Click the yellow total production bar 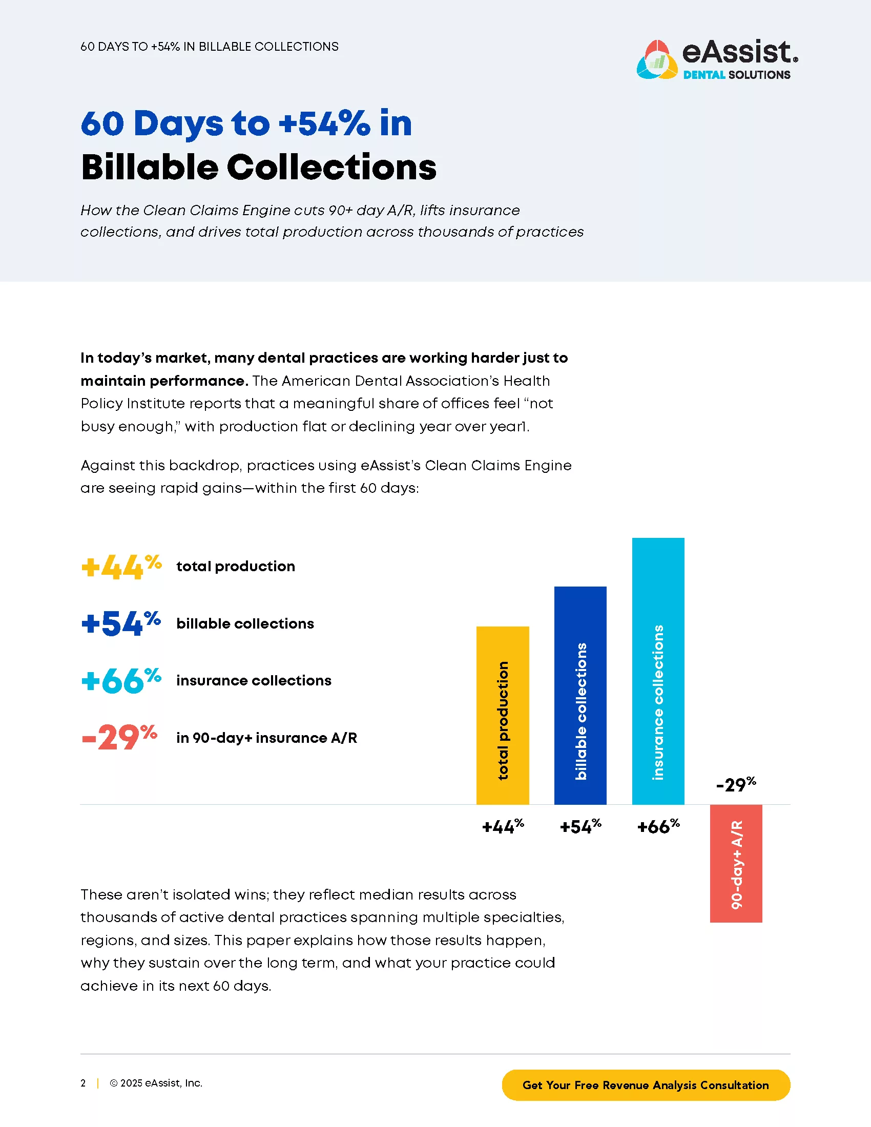(502, 715)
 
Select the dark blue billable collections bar (580, 695)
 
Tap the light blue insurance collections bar (658, 671)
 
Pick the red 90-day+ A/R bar (736, 863)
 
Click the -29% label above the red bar (736, 784)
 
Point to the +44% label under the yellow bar (503, 827)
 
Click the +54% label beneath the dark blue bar (580, 827)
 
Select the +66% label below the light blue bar (658, 827)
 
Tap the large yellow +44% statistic (121, 567)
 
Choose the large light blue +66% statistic (121, 681)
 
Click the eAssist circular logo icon (656, 60)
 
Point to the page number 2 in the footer (83, 1083)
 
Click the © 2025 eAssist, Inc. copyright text (156, 1083)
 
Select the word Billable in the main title (150, 167)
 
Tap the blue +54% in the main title (324, 123)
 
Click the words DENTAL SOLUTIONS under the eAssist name (736, 75)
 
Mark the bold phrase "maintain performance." (164, 381)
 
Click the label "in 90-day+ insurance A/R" (266, 738)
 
